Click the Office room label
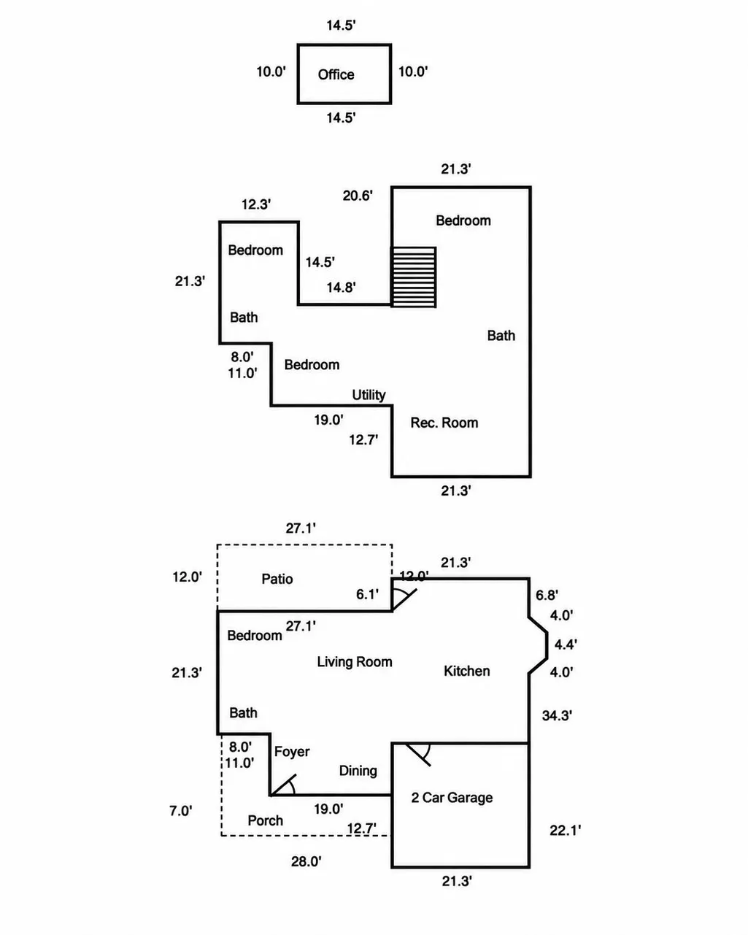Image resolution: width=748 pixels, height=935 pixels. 336,74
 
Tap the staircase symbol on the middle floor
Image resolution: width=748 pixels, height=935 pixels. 413,277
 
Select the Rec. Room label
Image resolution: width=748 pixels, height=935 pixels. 444,423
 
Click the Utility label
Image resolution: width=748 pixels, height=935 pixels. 369,395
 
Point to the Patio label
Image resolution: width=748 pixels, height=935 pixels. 277,579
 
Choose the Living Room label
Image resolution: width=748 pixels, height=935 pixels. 355,662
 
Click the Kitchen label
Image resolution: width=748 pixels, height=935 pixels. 466,671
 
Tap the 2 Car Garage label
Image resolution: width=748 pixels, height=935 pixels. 452,797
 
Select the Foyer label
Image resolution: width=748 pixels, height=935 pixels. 292,752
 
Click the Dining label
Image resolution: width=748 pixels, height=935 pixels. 358,771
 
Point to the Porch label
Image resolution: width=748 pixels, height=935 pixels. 266,820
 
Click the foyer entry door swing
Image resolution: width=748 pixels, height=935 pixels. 283,785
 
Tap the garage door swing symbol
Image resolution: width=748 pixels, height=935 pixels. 418,755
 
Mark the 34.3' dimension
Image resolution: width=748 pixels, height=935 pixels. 557,715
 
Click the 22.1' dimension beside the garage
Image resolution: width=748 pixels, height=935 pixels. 565,831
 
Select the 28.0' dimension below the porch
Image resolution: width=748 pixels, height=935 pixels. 306,861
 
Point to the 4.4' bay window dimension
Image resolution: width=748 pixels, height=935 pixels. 566,644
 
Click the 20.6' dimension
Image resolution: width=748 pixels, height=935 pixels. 358,196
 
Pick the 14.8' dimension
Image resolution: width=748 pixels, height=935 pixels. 342,287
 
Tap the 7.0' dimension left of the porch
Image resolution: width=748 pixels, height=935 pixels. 181,811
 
